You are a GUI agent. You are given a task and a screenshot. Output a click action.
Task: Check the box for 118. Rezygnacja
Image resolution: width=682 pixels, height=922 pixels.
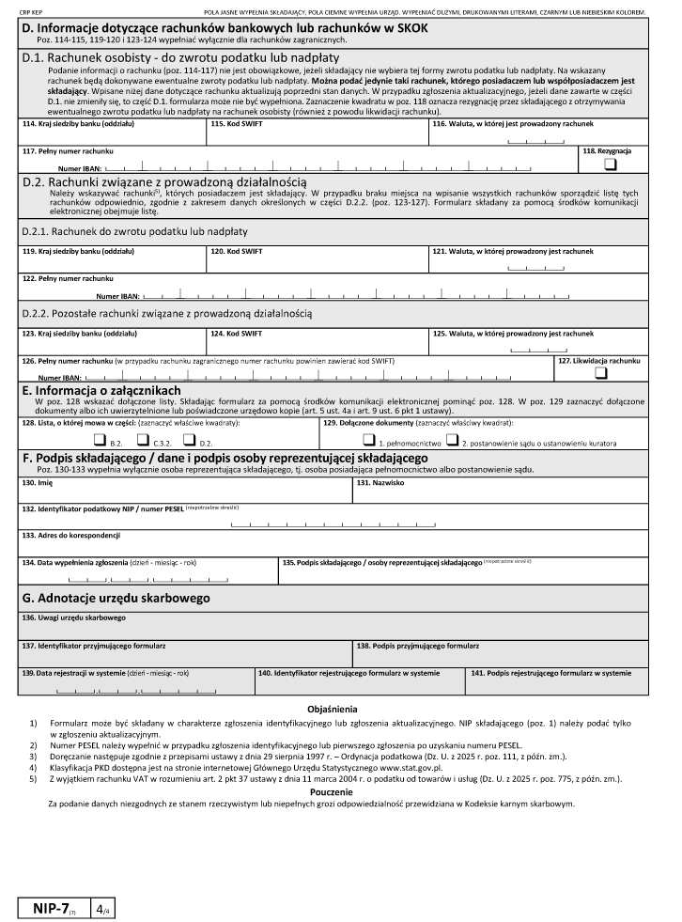tap(611, 164)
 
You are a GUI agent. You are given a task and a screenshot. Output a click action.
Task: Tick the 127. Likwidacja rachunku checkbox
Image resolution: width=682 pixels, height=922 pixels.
tap(600, 373)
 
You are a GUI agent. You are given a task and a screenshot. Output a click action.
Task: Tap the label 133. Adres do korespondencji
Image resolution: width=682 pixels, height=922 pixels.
tap(71, 535)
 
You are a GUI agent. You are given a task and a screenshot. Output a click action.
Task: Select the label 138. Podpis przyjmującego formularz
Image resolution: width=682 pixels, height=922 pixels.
tap(418, 646)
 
